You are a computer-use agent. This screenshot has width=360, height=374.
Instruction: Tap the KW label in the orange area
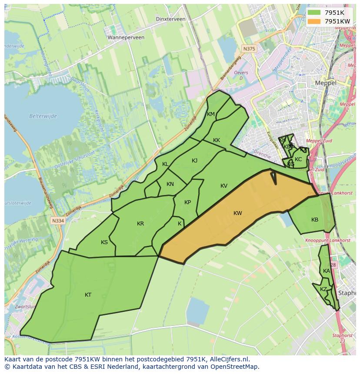coord(237,213)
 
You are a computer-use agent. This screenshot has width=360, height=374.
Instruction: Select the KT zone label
coord(88,295)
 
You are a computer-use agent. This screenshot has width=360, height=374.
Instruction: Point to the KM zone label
coord(211,114)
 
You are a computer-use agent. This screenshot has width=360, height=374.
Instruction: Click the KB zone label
coord(315,220)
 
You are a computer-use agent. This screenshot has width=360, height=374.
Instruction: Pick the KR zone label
coord(140,224)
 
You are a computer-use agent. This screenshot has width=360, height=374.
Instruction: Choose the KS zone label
coord(104,242)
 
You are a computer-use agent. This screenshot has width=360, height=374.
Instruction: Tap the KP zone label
coord(187,202)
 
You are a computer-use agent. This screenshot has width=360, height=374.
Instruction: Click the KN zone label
coord(170,184)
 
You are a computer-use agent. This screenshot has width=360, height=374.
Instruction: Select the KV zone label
coord(224,186)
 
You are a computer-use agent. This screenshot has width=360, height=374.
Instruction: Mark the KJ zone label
coord(194,161)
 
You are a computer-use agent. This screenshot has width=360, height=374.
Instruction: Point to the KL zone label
coord(165,164)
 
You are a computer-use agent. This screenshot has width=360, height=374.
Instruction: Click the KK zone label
coord(217,140)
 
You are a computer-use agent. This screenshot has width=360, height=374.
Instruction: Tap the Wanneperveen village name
coord(126,38)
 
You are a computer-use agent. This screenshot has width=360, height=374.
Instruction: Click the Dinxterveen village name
coord(170,19)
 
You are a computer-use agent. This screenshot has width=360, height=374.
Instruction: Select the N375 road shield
coord(249,49)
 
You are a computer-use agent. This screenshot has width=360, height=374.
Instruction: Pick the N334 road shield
coord(57,221)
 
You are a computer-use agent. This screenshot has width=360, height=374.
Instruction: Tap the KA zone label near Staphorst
coord(327,271)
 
